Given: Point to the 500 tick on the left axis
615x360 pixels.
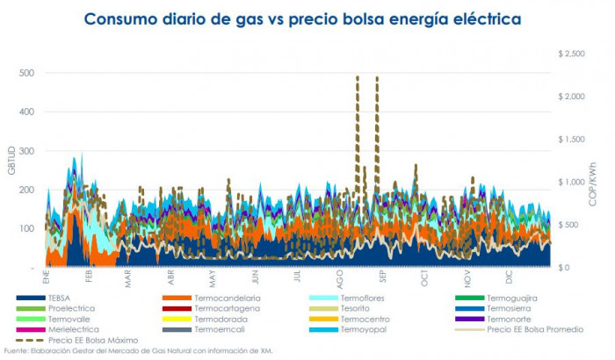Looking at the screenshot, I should [26, 74].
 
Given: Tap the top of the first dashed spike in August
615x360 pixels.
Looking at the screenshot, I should [357, 77].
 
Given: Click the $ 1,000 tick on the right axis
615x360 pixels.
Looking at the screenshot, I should [573, 182].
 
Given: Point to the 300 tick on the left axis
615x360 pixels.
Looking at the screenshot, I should [26, 151].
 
